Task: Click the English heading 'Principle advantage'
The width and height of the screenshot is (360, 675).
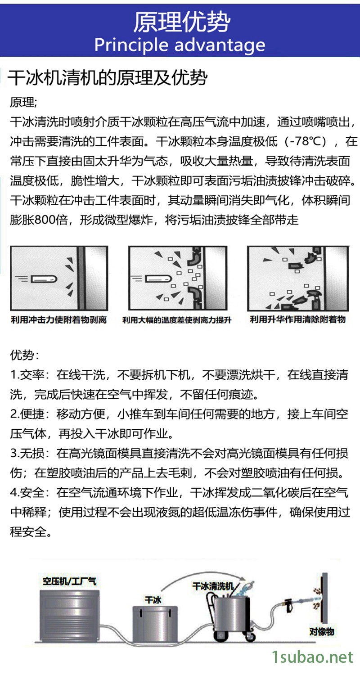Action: pyautogui.click(x=180, y=45)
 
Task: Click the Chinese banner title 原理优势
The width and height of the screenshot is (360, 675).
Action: pyautogui.click(x=182, y=22)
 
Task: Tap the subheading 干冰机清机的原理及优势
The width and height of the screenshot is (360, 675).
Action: pyautogui.click(x=108, y=78)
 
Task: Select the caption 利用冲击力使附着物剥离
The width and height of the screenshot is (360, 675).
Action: pyautogui.click(x=59, y=319)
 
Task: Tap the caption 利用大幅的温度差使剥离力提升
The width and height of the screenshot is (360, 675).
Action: pyautogui.click(x=177, y=320)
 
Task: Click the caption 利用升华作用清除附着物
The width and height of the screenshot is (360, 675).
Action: pyautogui.click(x=297, y=319)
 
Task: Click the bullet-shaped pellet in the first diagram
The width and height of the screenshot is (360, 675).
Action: pyautogui.click(x=44, y=279)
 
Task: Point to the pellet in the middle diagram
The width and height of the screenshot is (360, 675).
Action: pyautogui.click(x=158, y=279)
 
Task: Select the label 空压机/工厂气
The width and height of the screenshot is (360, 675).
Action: pyautogui.click(x=69, y=581)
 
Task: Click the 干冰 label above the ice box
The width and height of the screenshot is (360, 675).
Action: pyautogui.click(x=153, y=599)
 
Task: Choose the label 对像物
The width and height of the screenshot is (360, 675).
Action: pyautogui.click(x=322, y=631)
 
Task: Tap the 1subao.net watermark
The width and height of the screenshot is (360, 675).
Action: pyautogui.click(x=313, y=657)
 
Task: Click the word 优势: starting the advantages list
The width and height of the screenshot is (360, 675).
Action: pyautogui.click(x=24, y=355)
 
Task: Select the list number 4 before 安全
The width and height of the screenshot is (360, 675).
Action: pyautogui.click(x=13, y=492)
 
